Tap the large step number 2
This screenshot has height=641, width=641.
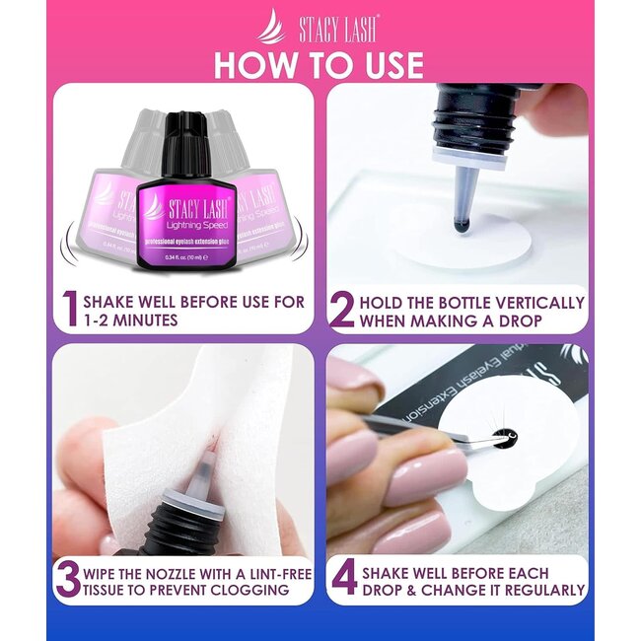point(341,310)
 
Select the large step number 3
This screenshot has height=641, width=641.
point(68,579)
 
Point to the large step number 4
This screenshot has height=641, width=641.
point(343,579)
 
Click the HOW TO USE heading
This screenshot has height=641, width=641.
point(319,64)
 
